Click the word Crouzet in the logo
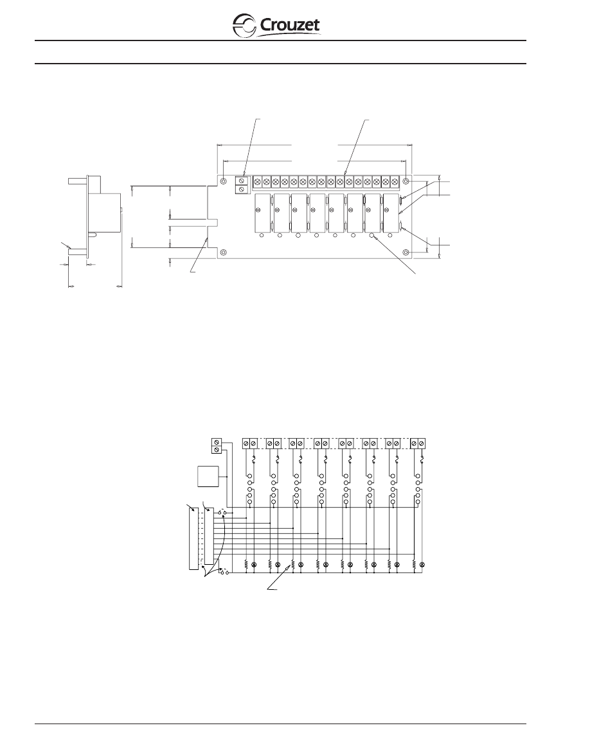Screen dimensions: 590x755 coord(290,25)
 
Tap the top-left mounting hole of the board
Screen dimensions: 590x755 coord(224,181)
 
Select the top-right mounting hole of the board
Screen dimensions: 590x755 coord(406,181)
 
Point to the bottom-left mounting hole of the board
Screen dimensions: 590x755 coord(224,253)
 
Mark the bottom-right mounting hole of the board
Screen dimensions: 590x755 coord(406,253)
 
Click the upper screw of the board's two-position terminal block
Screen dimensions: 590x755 coord(241,181)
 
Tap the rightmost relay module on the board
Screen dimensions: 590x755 coord(391,212)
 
